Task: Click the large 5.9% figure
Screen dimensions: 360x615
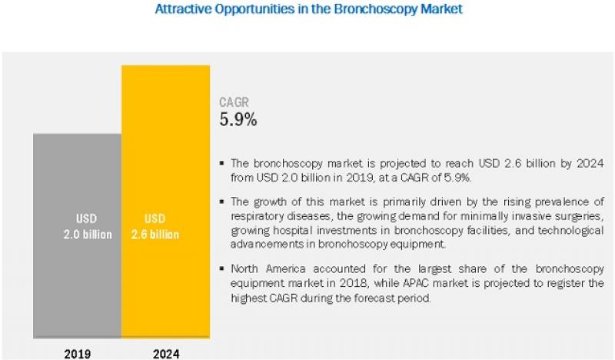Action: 238,119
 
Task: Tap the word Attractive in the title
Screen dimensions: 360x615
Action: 182,10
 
